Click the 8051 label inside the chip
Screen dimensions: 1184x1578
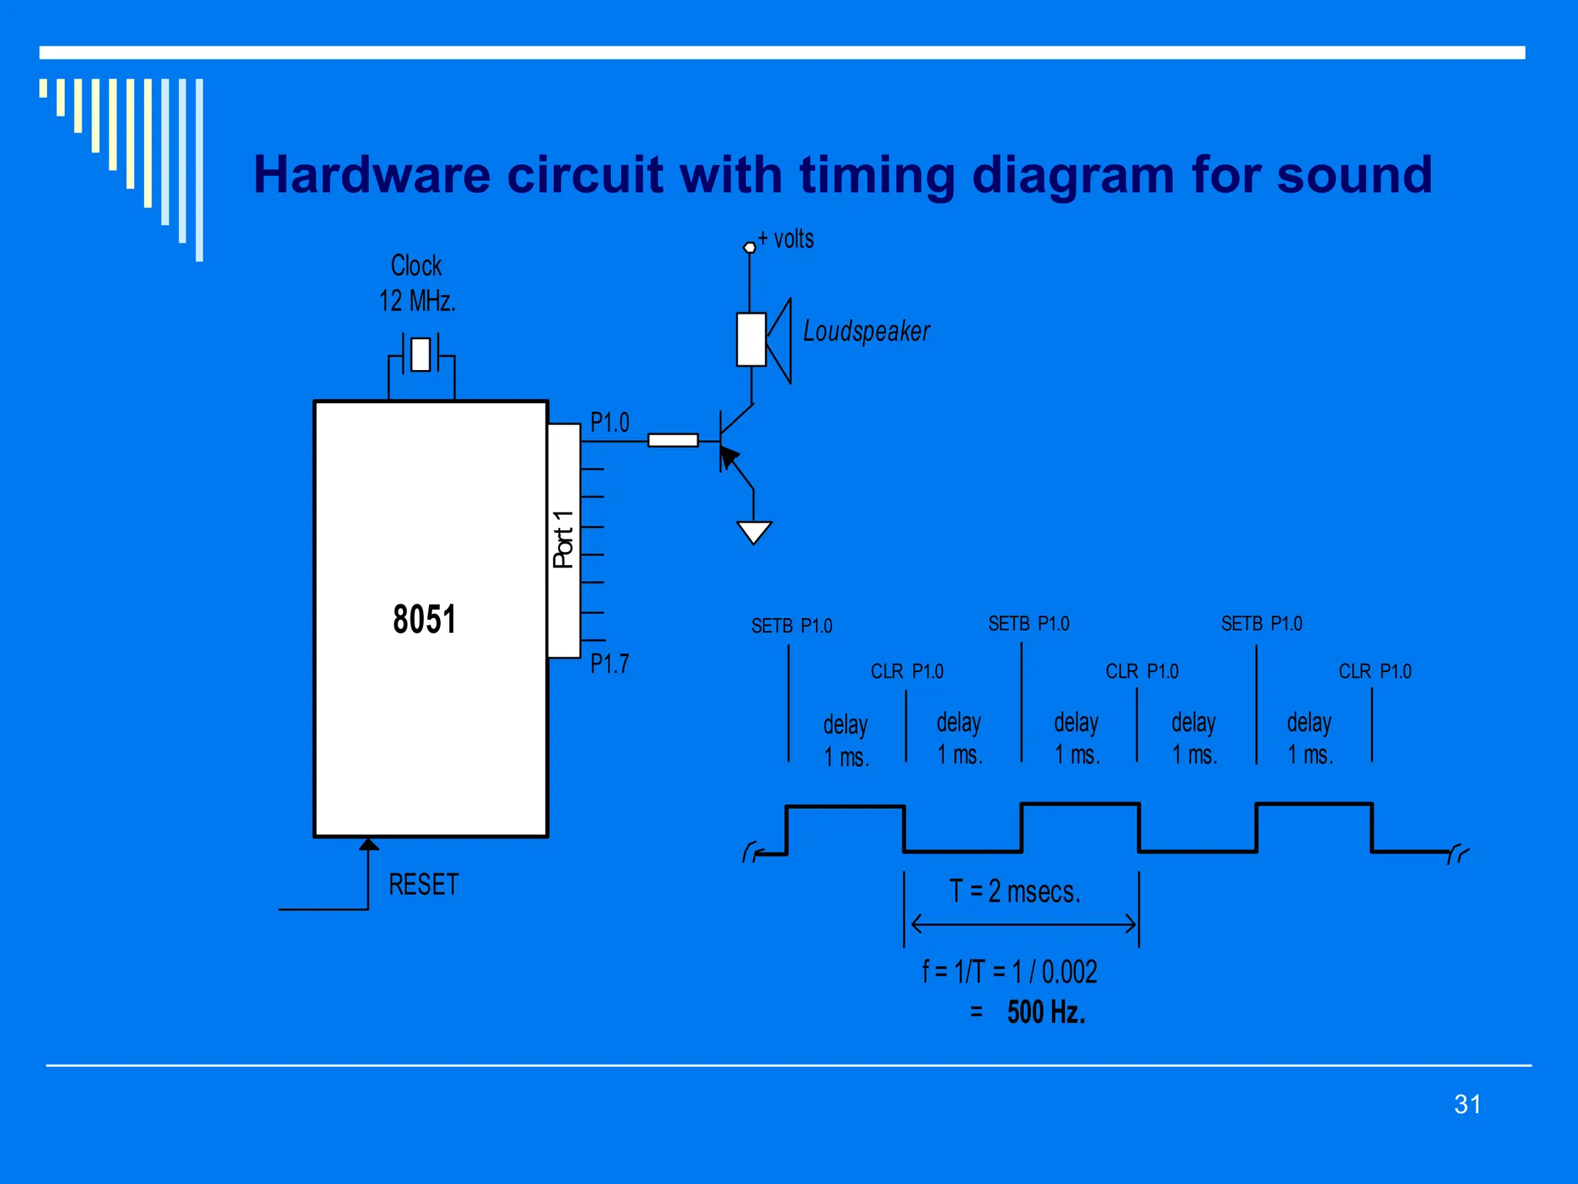coord(424,619)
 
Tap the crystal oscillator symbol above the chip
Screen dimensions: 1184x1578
coord(421,355)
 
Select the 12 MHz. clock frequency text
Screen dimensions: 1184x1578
coord(417,301)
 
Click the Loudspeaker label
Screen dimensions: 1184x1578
coord(866,331)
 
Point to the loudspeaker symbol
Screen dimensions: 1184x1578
coord(763,340)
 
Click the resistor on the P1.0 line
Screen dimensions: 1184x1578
coord(673,440)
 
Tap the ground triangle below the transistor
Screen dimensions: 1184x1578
coord(754,532)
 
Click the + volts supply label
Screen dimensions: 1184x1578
coord(786,239)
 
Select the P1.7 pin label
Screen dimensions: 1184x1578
coord(609,664)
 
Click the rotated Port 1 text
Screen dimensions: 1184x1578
coord(563,540)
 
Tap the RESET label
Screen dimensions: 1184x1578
coord(423,884)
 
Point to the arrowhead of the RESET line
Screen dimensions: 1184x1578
coord(368,845)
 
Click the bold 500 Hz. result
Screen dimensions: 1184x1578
coord(1046,1012)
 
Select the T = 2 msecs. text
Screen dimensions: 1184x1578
coord(1015,892)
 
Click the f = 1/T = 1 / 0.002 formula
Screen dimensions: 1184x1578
coord(1009,972)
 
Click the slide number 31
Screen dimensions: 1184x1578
coord(1467,1104)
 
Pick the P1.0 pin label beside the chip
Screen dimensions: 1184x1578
coord(609,422)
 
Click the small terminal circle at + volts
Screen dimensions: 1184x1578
coord(749,247)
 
